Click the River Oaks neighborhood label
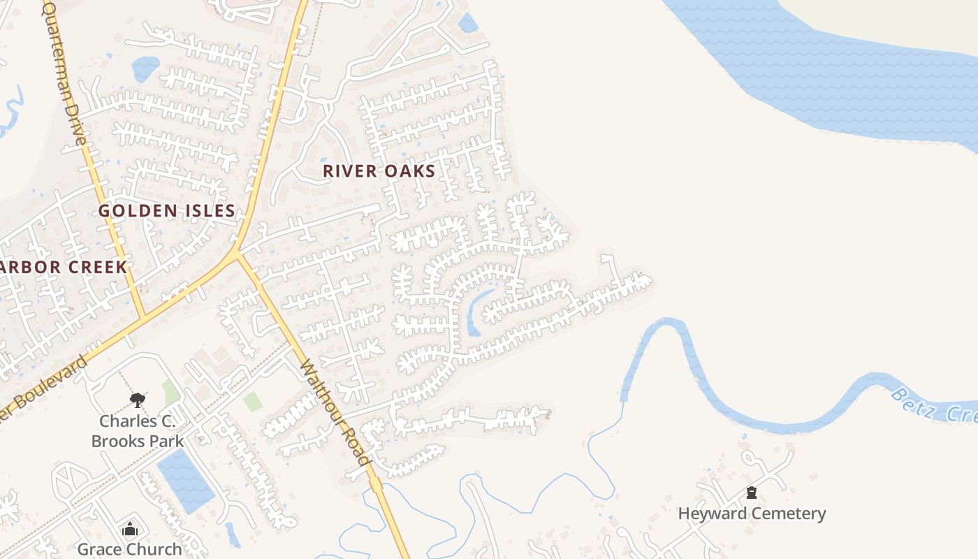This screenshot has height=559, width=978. tap(379, 171)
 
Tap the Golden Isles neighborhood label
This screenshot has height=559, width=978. tap(166, 210)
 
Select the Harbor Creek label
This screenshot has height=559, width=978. tap(63, 267)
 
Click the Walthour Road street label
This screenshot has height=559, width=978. tap(335, 412)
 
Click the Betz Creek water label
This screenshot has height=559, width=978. tap(933, 405)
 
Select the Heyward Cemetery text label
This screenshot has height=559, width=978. tap(752, 514)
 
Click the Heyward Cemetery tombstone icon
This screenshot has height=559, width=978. tap(752, 493)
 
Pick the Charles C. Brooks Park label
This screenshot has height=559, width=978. tap(138, 430)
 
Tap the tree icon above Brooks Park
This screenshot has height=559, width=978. tap(137, 400)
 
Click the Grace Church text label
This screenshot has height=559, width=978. tap(129, 549)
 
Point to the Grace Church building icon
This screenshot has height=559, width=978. tap(129, 530)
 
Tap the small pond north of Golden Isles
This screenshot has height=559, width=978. tap(145, 68)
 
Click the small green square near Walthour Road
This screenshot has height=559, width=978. tap(253, 401)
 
